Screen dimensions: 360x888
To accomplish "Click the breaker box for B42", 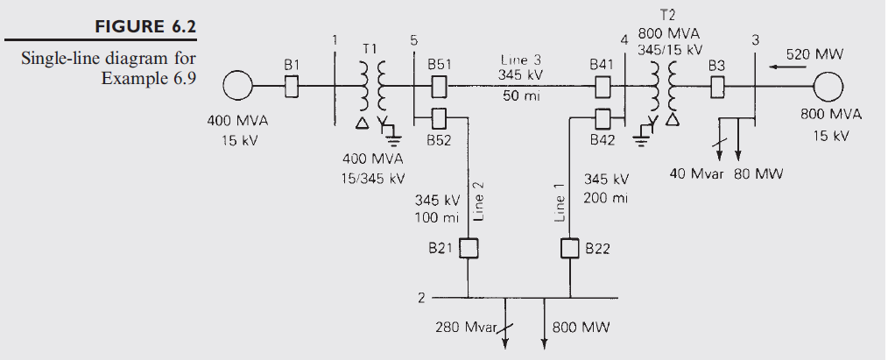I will pos(603,116).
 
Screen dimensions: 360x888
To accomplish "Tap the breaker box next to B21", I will pos(469,249).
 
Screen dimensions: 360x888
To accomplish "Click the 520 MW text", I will pos(814,54).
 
